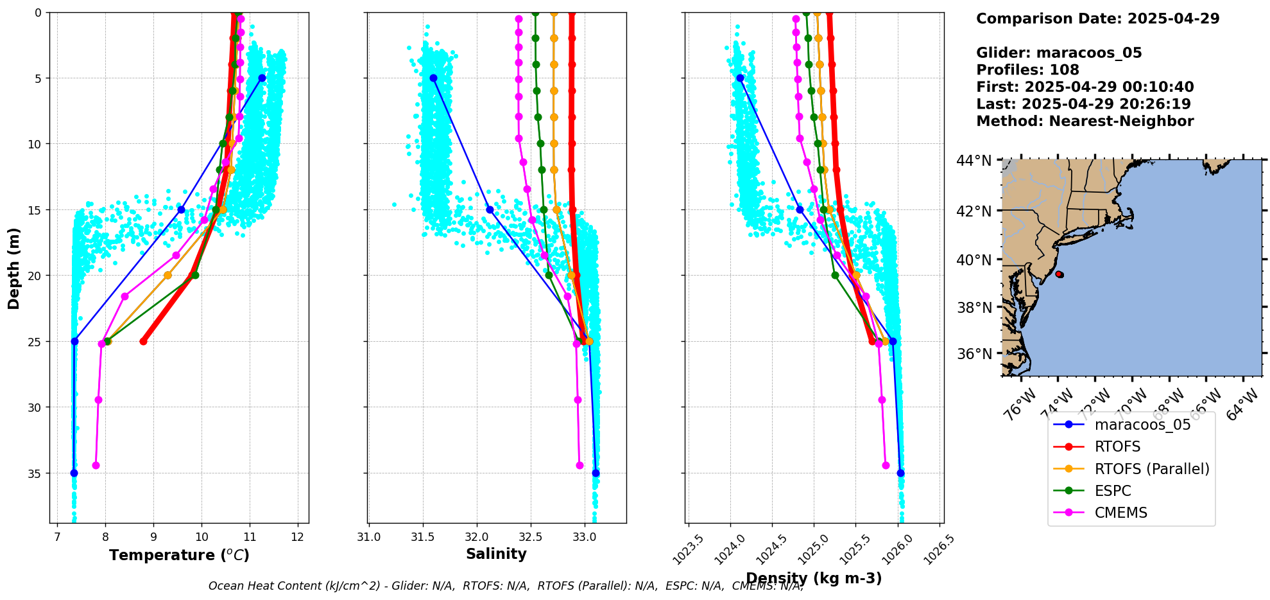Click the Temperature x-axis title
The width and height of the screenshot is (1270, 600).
[179, 555]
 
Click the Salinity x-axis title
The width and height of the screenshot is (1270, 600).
[496, 554]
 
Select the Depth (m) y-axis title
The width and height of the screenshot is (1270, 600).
[14, 268]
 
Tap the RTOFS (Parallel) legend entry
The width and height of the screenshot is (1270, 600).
[1151, 469]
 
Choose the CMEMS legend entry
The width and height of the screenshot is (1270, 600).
[1120, 513]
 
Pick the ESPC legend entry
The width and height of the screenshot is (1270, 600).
[1113, 491]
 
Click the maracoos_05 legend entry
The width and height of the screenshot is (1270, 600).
[1142, 425]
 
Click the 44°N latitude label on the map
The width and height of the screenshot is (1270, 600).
[974, 161]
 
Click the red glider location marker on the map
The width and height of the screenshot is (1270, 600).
[1059, 274]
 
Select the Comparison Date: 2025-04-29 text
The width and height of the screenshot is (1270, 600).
[1097, 19]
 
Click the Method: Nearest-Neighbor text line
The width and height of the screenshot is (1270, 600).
[1085, 121]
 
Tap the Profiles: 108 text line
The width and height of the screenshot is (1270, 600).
[1027, 70]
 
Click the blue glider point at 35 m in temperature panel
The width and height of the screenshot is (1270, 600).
[74, 473]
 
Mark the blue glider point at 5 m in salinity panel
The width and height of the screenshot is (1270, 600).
[433, 78]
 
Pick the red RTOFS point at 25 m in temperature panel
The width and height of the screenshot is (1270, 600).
[143, 341]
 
